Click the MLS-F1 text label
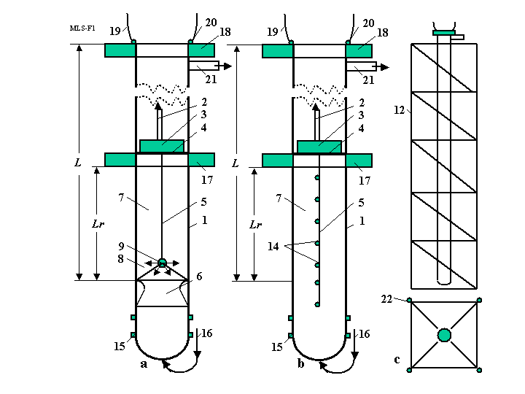point(82,28)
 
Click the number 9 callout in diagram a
point(121,247)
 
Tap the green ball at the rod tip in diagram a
point(162,263)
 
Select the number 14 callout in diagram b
point(273,247)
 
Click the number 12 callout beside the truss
point(399,110)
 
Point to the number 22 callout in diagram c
point(386,299)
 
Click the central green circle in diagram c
point(444,335)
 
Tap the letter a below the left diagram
point(144,364)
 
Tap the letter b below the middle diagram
point(300,363)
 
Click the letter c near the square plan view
point(397,360)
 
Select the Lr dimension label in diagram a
point(98,224)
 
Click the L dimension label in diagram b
point(236,163)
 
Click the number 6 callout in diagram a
point(199,277)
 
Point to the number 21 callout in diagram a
point(211,80)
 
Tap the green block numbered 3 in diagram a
point(162,146)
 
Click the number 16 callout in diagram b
point(365,333)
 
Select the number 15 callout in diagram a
point(120,346)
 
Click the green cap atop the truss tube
point(443,33)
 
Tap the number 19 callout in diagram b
point(273,32)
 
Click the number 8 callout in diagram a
point(120,259)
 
